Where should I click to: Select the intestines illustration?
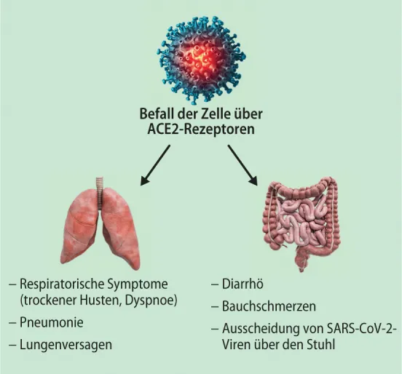coord(300,218)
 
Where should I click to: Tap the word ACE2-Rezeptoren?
coord(201,130)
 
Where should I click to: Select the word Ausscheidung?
coord(258,330)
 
